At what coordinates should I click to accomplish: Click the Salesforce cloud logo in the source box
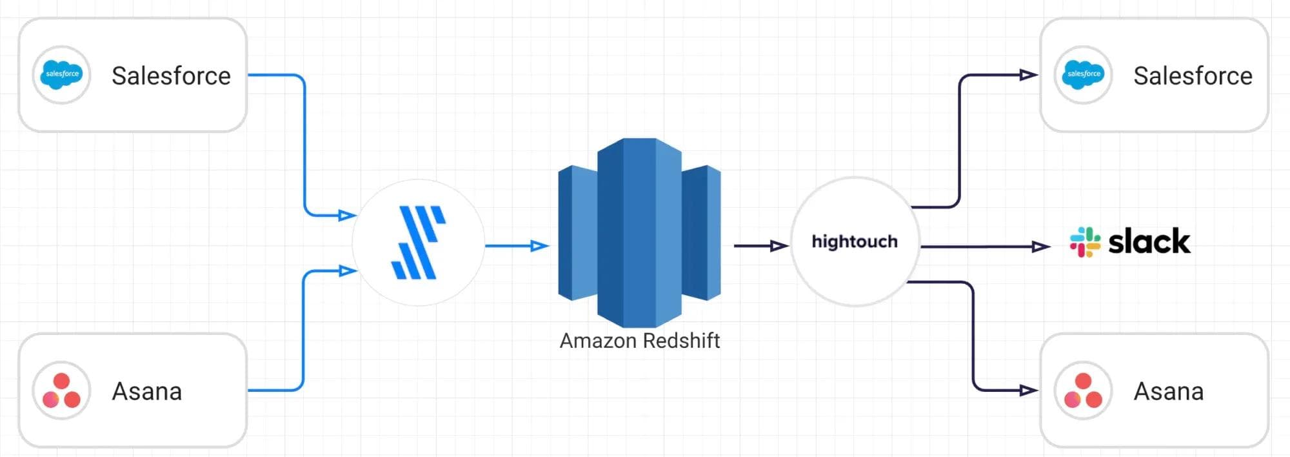pyautogui.click(x=61, y=75)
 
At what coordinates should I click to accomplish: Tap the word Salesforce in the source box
pyautogui.click(x=171, y=76)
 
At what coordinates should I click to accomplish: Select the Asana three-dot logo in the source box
pyautogui.click(x=61, y=391)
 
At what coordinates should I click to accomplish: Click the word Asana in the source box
pyautogui.click(x=147, y=392)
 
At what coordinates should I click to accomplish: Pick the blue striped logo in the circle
pyautogui.click(x=419, y=243)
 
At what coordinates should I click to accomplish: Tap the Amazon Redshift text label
pyautogui.click(x=639, y=341)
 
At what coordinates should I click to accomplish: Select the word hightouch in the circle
pyautogui.click(x=855, y=241)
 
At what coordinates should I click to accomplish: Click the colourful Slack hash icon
pyautogui.click(x=1085, y=242)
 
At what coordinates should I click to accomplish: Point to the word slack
pyautogui.click(x=1149, y=242)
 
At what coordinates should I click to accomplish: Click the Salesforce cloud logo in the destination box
pyautogui.click(x=1084, y=75)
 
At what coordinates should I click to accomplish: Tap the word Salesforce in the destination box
pyautogui.click(x=1193, y=76)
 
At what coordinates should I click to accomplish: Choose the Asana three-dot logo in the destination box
pyautogui.click(x=1083, y=391)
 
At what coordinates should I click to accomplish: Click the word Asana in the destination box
pyautogui.click(x=1169, y=392)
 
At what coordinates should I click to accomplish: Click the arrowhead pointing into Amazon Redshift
pyautogui.click(x=539, y=246)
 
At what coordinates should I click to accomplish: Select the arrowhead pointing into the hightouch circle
pyautogui.click(x=779, y=246)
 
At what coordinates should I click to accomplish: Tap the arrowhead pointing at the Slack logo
pyautogui.click(x=1041, y=247)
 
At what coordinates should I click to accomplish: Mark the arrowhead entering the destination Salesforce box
pyautogui.click(x=1028, y=76)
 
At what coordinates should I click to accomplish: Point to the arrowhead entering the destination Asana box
pyautogui.click(x=1028, y=391)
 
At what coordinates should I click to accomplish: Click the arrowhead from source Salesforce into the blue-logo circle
pyautogui.click(x=347, y=215)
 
